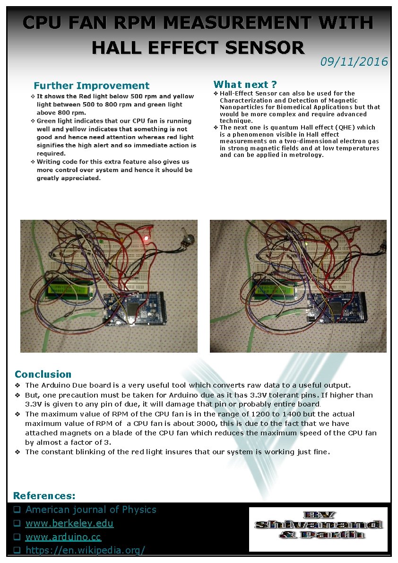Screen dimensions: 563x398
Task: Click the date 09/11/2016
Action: tap(354, 61)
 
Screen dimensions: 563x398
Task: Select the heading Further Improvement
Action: tap(91, 86)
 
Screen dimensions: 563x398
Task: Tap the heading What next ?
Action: tap(245, 85)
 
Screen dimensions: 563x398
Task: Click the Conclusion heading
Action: tap(43, 374)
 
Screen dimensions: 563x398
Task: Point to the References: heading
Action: tap(44, 495)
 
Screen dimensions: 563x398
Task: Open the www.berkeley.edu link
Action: tap(69, 523)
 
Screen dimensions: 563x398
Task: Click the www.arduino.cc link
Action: tap(63, 537)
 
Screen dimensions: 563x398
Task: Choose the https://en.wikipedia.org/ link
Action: tap(85, 550)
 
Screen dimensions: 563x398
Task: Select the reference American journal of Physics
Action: tap(91, 510)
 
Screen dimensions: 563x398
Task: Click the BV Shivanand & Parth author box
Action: tap(318, 529)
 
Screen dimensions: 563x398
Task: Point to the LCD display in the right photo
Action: tap(270, 287)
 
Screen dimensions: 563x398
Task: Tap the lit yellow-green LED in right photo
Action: tap(307, 244)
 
